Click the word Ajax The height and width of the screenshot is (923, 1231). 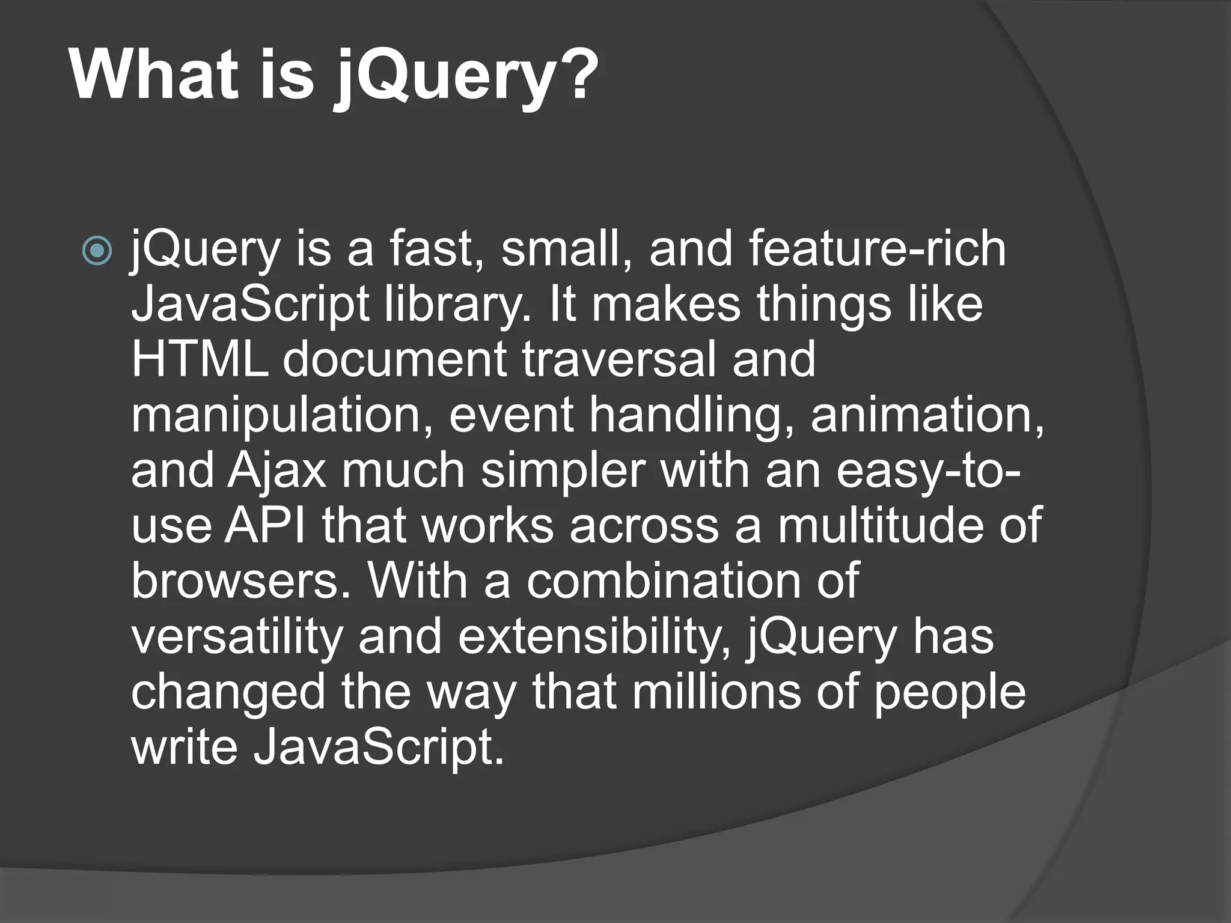point(276,471)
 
